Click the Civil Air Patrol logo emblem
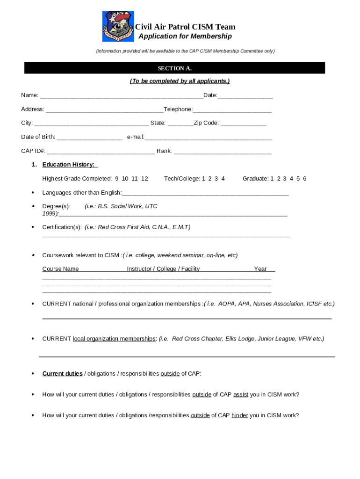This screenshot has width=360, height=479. pyautogui.click(x=118, y=26)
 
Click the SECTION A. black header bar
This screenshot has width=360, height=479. pyautogui.click(x=174, y=68)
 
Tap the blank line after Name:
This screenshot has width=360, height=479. pyautogui.click(x=122, y=96)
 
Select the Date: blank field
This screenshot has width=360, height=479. pyautogui.click(x=245, y=96)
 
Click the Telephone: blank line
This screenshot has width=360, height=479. pyautogui.click(x=232, y=110)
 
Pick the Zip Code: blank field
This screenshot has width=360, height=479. pyautogui.click(x=243, y=123)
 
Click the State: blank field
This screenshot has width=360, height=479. pyautogui.click(x=180, y=123)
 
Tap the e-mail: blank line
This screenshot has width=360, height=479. pyautogui.click(x=208, y=138)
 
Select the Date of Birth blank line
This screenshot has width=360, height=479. pyautogui.click(x=90, y=138)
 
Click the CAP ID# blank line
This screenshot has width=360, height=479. pyautogui.click(x=101, y=152)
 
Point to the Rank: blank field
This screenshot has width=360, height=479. pyautogui.click(x=222, y=152)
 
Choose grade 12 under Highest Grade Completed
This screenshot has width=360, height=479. pyautogui.click(x=144, y=179)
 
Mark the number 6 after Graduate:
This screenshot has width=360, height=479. pyautogui.click(x=305, y=179)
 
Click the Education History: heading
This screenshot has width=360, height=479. pyautogui.click(x=69, y=165)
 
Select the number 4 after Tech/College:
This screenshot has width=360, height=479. pyautogui.click(x=223, y=179)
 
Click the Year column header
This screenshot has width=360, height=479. pyautogui.click(x=260, y=269)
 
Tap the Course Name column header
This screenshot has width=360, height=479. pyautogui.click(x=60, y=269)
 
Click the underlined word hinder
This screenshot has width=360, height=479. pyautogui.click(x=239, y=415)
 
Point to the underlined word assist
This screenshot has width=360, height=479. pyautogui.click(x=241, y=395)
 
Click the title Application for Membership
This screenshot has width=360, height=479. pyautogui.click(x=185, y=36)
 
